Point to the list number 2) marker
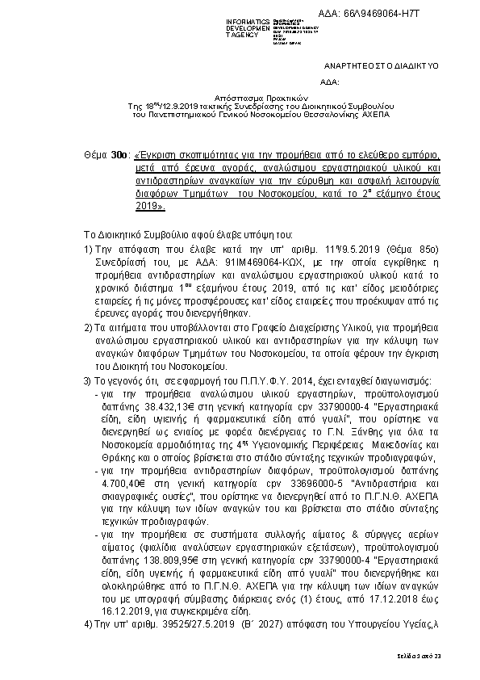point(89,328)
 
